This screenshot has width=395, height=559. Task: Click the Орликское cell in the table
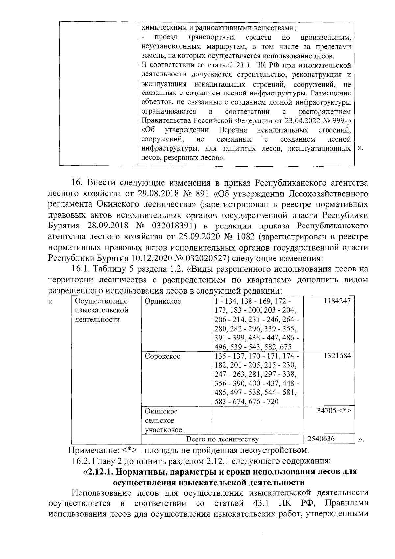[x=163, y=301]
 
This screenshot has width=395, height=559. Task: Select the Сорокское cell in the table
[x=163, y=356]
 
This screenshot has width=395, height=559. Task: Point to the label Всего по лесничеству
[x=223, y=439]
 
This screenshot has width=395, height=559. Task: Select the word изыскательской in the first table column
[x=102, y=310]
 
